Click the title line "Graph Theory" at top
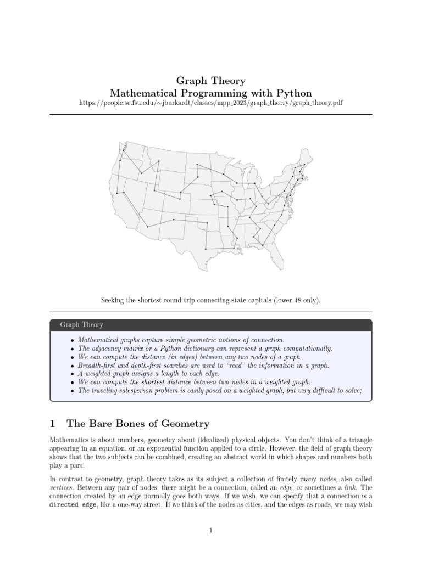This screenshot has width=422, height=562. tap(210, 81)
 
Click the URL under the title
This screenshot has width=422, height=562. tap(210, 103)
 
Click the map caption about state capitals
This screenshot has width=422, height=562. tap(210, 300)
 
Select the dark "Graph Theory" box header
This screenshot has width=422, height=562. tap(210, 325)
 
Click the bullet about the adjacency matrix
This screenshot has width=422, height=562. tap(205, 349)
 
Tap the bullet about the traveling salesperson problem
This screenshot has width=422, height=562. tap(220, 390)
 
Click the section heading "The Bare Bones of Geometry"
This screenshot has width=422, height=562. tap(137, 423)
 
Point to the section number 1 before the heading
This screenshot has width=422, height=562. tap(53, 423)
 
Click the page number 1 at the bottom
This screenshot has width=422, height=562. tap(210, 530)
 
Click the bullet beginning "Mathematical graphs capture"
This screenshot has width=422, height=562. tap(181, 340)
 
